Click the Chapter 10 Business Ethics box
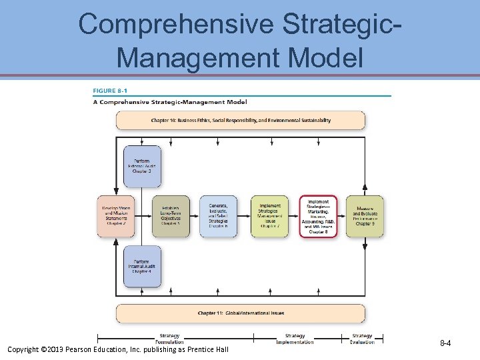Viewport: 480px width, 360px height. click(x=241, y=121)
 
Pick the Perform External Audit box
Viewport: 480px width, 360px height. click(x=142, y=166)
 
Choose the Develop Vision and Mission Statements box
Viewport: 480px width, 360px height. click(x=116, y=216)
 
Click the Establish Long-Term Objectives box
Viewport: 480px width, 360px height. click(x=171, y=216)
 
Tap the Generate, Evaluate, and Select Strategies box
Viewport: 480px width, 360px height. click(x=218, y=216)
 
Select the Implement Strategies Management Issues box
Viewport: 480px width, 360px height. click(x=269, y=216)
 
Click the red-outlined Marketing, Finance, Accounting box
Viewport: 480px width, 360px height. click(x=318, y=216)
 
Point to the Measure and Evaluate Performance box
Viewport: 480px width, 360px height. click(x=365, y=216)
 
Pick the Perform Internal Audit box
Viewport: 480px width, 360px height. click(x=141, y=266)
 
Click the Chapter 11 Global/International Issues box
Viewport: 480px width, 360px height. click(x=241, y=313)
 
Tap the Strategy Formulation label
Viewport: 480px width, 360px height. click(x=169, y=339)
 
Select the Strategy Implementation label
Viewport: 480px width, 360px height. click(x=295, y=339)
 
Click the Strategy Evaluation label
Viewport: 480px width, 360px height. click(x=362, y=339)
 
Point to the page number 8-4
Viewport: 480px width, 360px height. click(x=445, y=343)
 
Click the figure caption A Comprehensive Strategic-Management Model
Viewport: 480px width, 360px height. click(x=169, y=102)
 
